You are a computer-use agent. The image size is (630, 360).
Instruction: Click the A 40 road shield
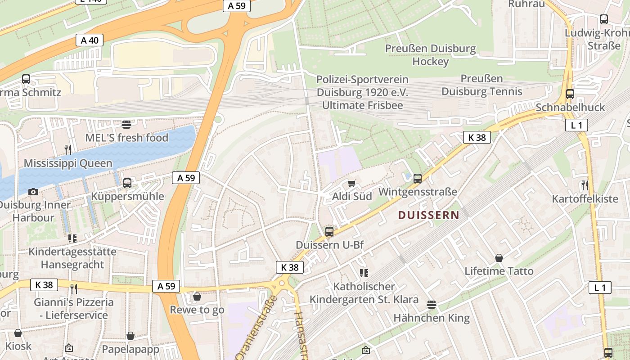coord(90,40)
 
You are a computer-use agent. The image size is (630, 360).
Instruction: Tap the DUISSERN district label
coord(428,215)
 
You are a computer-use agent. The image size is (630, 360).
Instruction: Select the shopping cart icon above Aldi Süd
coord(352,183)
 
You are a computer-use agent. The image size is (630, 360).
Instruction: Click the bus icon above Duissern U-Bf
coord(329,232)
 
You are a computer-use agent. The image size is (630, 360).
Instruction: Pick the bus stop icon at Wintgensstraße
coord(418,179)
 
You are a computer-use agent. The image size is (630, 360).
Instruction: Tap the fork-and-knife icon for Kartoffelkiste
coord(585,185)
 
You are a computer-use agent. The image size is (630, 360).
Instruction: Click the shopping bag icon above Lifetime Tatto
coord(499,258)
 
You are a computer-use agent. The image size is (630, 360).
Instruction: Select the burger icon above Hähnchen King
coord(432,305)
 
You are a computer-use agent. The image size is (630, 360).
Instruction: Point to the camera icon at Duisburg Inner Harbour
coord(33,192)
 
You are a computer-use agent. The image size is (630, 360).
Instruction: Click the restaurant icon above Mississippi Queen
coord(68,149)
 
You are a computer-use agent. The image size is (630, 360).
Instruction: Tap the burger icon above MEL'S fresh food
coord(126,124)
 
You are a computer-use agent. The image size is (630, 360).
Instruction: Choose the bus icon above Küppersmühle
coord(127,183)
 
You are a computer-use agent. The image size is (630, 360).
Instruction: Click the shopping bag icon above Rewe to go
coord(197,297)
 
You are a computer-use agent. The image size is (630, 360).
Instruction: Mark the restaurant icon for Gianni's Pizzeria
coord(74,288)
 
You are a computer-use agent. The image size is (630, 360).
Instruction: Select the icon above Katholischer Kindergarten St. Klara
coord(364,273)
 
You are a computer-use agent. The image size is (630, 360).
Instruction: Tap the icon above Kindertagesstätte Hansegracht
coord(72,238)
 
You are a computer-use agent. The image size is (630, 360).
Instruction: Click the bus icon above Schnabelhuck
coord(570,94)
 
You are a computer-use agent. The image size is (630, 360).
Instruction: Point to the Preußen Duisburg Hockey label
coord(430,55)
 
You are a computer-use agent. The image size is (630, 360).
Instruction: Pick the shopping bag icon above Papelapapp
coord(130,336)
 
